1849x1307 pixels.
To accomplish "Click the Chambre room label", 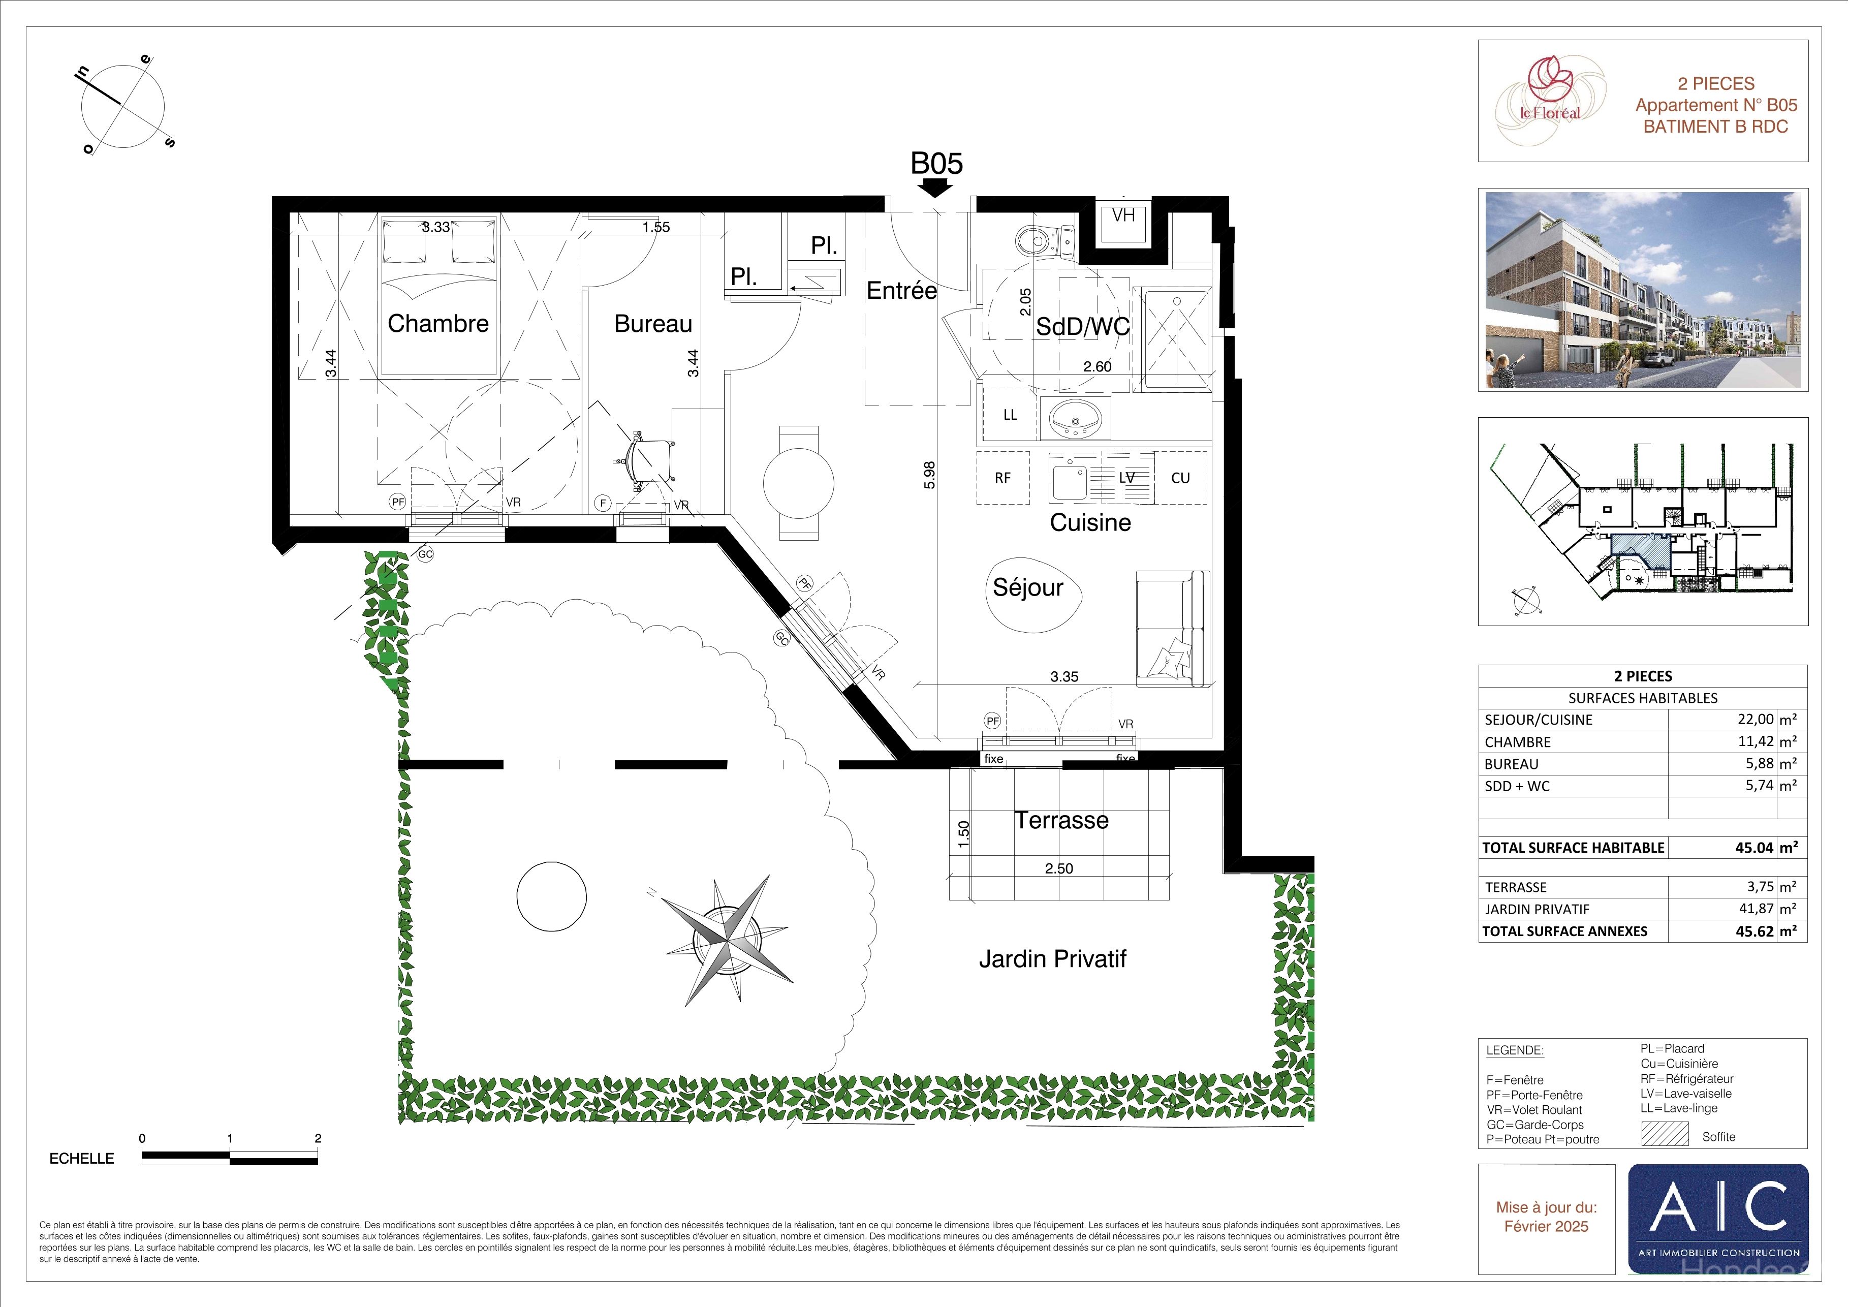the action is click(438, 324).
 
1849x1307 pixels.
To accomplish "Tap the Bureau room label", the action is click(653, 324).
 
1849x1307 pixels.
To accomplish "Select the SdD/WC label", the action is click(1082, 326).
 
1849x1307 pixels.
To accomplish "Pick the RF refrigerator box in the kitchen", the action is click(1002, 478).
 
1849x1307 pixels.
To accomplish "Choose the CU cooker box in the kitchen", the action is click(1181, 478).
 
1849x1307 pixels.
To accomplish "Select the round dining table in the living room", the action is click(798, 483).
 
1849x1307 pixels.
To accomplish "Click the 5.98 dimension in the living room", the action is click(929, 475).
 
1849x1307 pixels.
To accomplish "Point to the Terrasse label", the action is click(1061, 821).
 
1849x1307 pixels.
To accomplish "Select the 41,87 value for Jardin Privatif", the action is click(1757, 909).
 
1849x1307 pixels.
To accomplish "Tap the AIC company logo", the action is click(1718, 1219).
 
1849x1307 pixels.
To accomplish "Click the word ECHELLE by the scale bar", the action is click(82, 1159).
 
